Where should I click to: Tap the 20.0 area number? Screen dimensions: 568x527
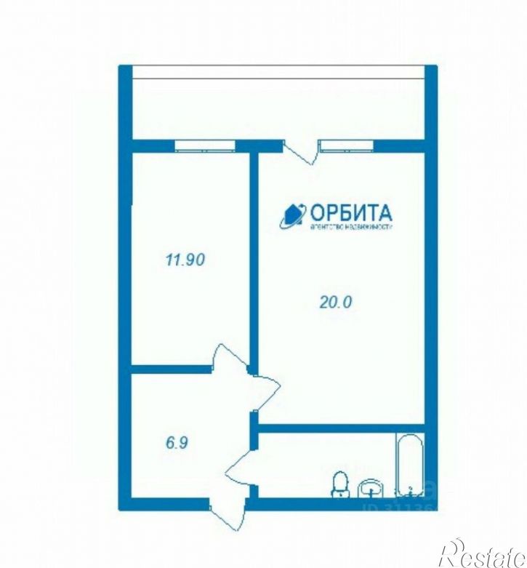[335, 303]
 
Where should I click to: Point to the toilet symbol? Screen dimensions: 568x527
[339, 484]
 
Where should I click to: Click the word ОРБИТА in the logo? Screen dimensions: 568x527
[351, 212]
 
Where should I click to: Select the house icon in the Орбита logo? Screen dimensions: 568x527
[294, 215]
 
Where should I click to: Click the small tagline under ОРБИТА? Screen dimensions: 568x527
[351, 227]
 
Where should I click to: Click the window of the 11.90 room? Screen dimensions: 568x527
[205, 145]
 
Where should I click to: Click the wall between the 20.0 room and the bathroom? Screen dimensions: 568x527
[342, 428]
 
